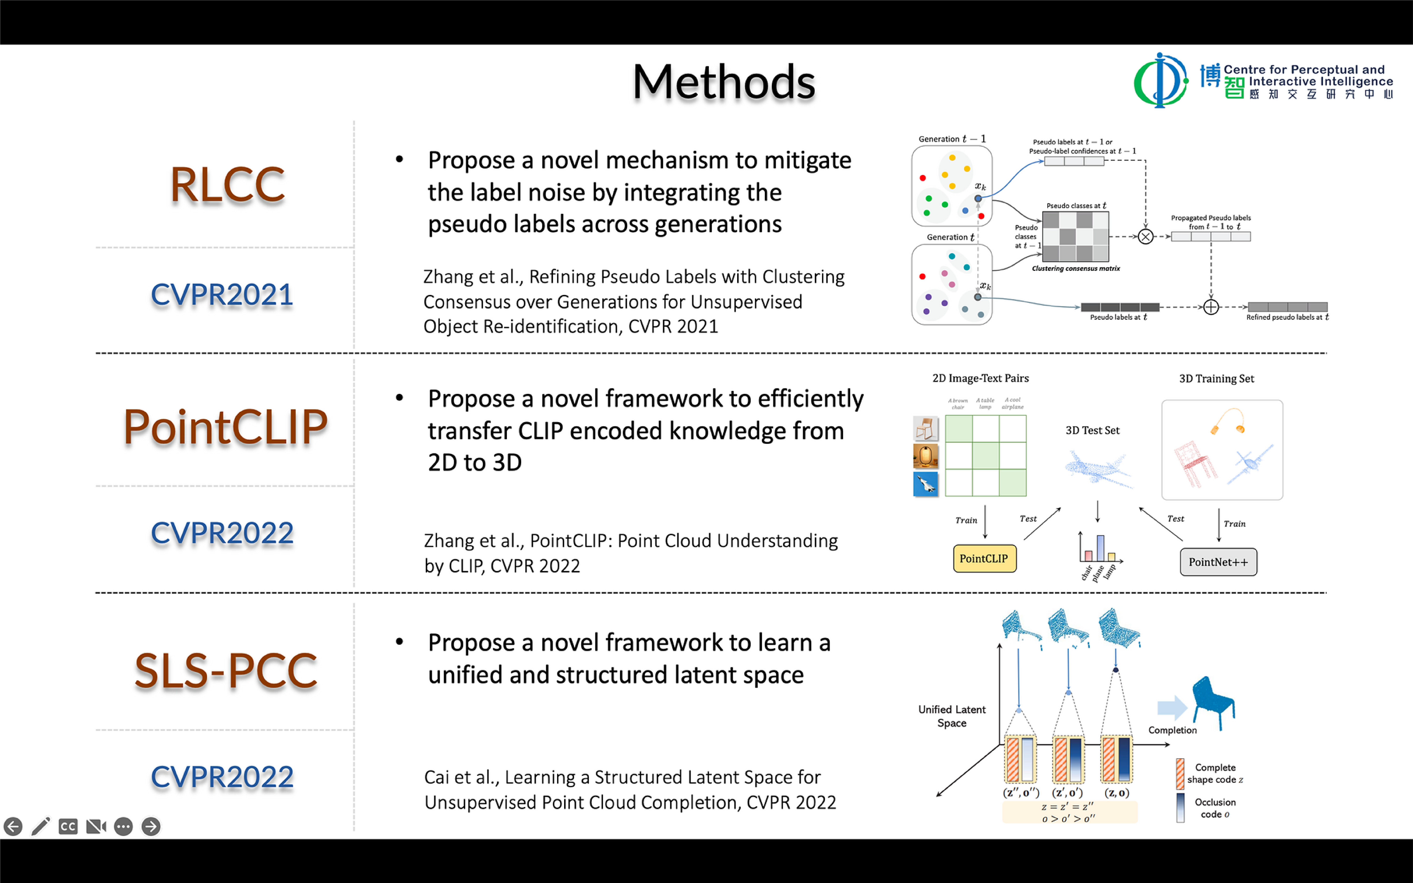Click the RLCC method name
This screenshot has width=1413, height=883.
227,186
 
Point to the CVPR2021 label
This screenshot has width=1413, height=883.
222,294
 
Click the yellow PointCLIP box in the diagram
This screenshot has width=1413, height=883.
984,558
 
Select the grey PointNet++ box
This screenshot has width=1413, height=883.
1218,562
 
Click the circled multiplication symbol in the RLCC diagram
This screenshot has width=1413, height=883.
1145,236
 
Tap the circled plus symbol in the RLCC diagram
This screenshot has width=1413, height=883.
1211,307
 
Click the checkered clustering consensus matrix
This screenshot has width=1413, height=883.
1075,236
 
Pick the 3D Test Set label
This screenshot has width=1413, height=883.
1092,430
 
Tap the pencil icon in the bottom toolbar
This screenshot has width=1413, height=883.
40,826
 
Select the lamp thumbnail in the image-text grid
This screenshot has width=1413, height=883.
925,456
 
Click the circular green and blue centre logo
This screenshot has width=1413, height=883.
1160,81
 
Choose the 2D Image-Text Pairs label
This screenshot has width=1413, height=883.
980,378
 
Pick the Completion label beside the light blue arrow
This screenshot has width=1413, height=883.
1172,730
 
